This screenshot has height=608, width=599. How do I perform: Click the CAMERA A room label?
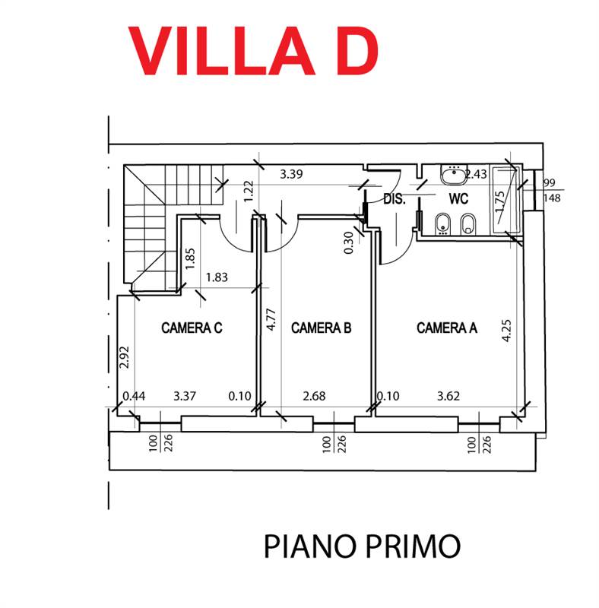pos(446,328)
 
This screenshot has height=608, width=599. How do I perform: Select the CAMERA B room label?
pos(321,328)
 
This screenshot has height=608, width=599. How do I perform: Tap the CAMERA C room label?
pos(192,328)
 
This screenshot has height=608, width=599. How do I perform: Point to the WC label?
pos(458,199)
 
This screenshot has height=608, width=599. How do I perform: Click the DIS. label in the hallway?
pos(394,200)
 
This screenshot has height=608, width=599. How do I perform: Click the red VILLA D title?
pos(253,50)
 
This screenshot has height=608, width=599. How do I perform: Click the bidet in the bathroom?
pos(441,223)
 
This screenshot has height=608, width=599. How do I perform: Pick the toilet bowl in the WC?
pos(467,223)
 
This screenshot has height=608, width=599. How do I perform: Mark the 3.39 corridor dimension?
pos(292,174)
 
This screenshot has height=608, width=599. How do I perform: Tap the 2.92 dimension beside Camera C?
pos(125,357)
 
